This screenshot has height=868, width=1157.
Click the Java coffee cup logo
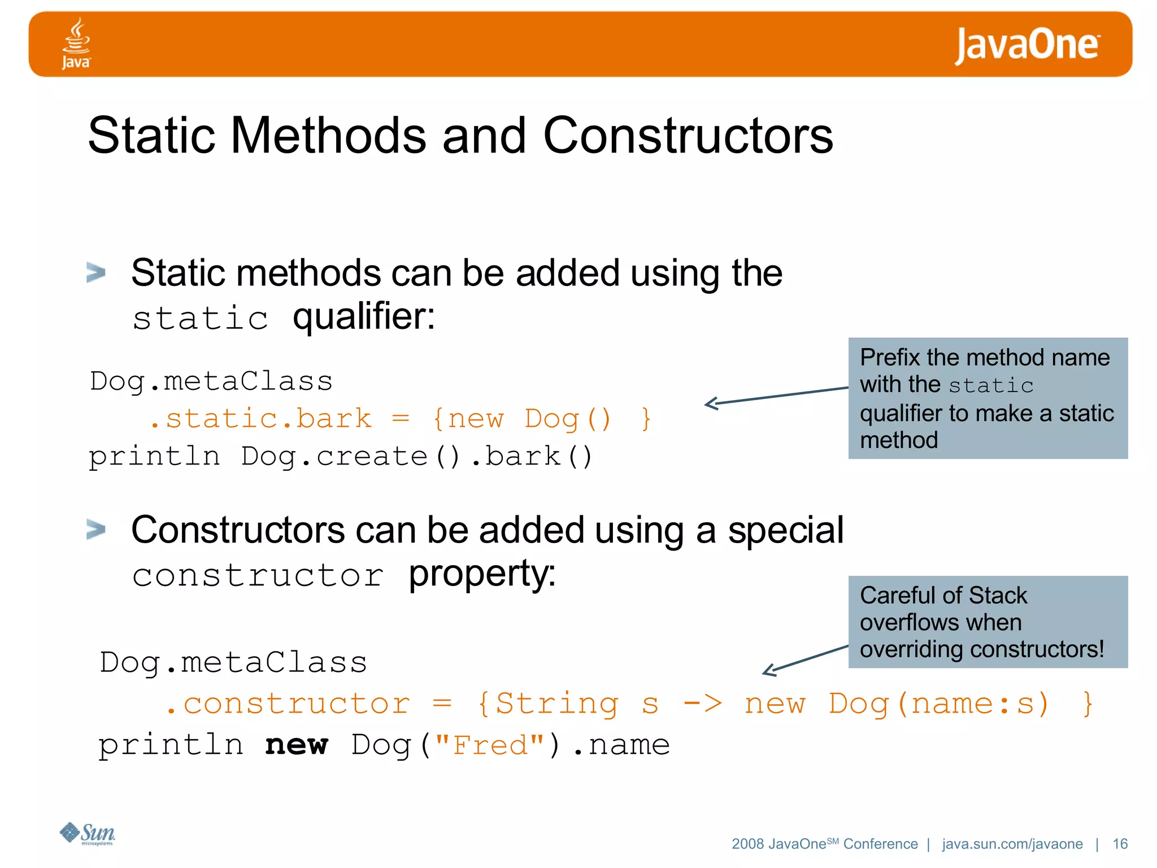pos(76,43)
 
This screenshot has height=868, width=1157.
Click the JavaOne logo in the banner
pos(1026,45)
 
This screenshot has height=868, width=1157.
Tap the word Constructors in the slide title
pos(688,136)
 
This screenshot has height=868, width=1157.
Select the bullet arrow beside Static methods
pos(96,272)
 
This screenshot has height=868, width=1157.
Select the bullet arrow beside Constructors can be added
pos(96,530)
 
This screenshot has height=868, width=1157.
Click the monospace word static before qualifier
pos(200,318)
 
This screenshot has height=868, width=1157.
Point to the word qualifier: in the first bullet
pos(364,316)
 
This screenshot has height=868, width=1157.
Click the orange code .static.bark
pos(260,419)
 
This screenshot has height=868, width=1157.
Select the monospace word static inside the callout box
pos(991,385)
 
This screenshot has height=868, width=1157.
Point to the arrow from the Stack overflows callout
pos(804,659)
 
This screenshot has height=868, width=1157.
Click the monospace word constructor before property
pos(258,576)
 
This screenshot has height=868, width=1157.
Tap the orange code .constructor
pos(288,704)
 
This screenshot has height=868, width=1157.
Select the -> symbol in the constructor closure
pos(702,704)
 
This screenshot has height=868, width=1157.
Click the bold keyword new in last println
pos(296,745)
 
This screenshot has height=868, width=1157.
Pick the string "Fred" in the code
pos(490,745)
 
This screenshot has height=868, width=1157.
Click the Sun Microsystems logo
pos(88,833)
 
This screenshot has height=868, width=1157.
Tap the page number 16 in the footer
pos(1119,844)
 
